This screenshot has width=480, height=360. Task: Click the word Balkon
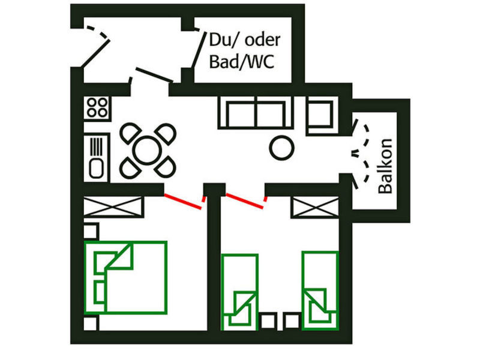pos(385,166)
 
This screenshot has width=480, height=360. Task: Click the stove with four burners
pos(97,108)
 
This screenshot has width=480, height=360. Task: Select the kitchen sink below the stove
pos(97,157)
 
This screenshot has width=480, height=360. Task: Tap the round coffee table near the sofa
pos(281,146)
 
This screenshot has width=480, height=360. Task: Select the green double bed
pos(125,277)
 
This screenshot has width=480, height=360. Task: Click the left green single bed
pos(239,292)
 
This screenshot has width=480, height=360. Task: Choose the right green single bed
pos(320,290)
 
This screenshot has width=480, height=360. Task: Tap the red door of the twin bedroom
pos(245,200)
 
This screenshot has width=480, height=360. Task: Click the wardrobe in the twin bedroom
pos(310,208)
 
